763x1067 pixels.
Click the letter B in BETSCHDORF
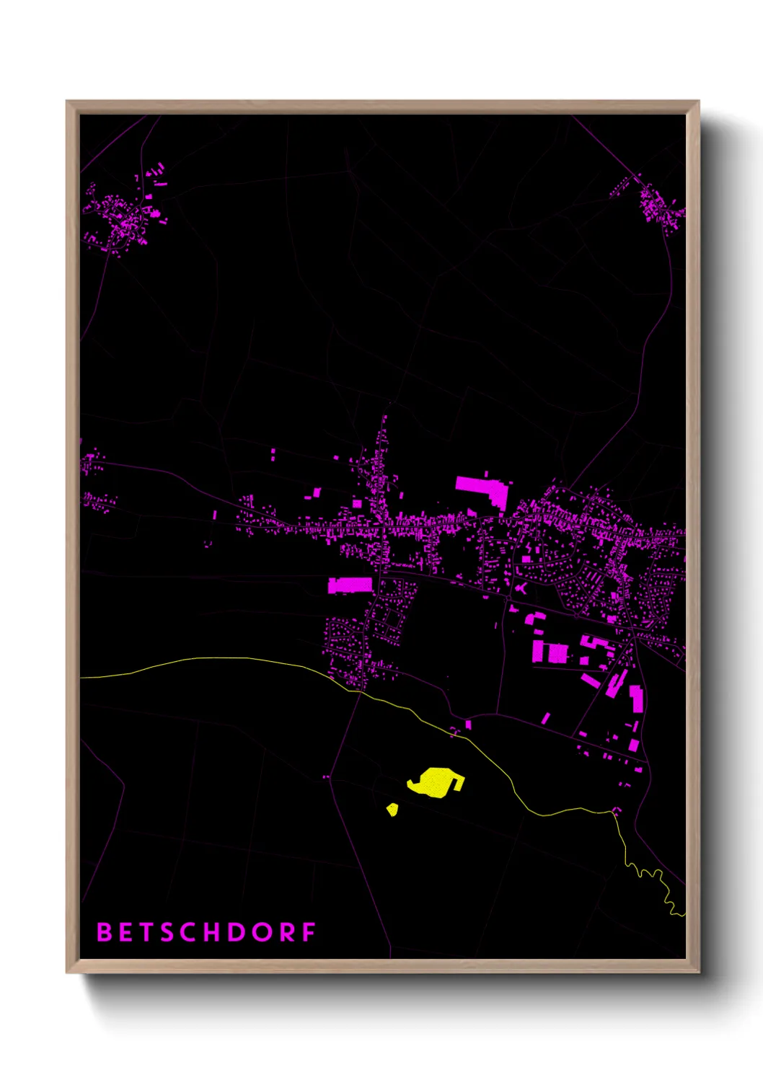105,932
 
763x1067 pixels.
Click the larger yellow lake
435,782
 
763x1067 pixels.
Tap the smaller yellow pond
392,810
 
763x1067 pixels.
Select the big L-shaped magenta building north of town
483,489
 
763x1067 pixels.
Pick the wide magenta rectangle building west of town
350,585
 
